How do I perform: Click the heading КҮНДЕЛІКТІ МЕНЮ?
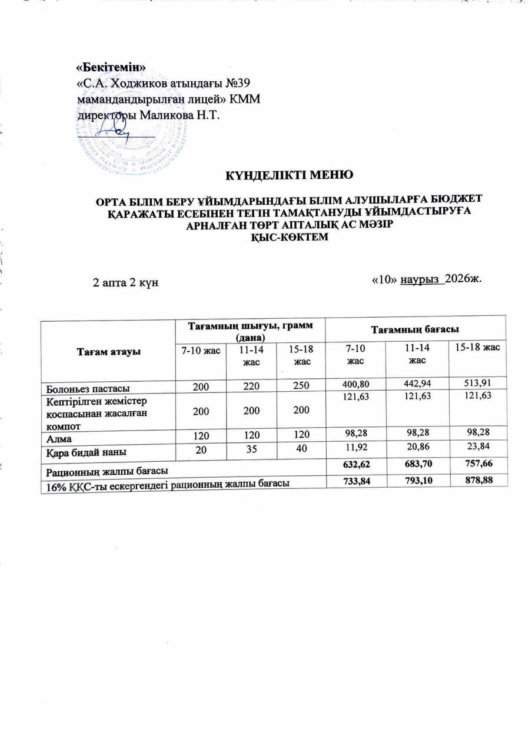pos(290,175)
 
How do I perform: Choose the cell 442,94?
pos(415,385)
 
